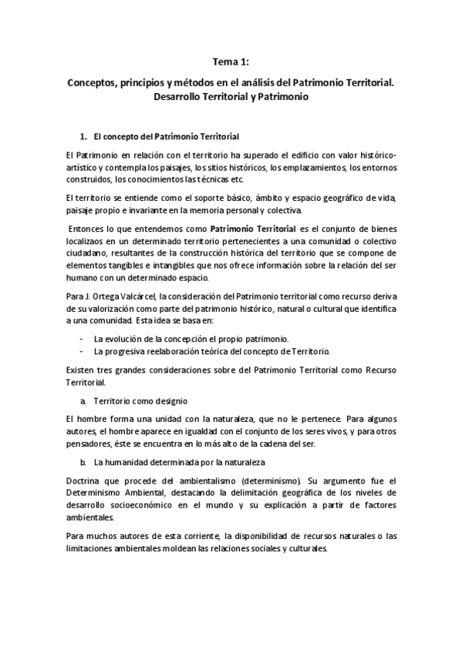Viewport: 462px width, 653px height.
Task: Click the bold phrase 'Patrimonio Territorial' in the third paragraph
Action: click(x=253, y=229)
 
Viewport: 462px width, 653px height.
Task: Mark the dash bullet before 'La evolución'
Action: click(x=81, y=339)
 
